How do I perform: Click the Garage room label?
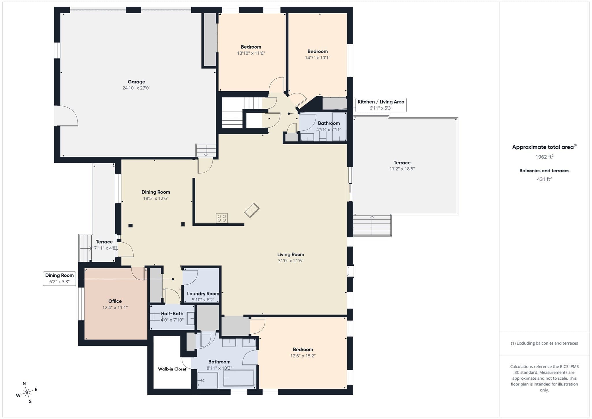coord(136,82)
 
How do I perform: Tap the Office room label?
coord(115,301)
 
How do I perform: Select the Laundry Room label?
coord(203,294)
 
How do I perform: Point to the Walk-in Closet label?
coord(172,369)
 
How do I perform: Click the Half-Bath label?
coord(172,313)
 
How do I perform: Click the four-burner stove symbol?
coord(222,218)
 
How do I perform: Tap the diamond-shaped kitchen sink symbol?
coord(252,210)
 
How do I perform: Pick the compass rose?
coord(27,392)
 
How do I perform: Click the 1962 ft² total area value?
coord(544,157)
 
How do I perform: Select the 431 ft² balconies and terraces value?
coord(544,179)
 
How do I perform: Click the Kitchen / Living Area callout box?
coord(381,105)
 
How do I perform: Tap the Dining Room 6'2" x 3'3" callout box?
coord(60,278)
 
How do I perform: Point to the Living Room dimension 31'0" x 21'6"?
coord(291,261)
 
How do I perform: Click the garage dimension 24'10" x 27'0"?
coord(136,88)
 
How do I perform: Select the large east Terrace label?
coord(402,163)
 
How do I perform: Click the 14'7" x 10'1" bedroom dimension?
coord(317,58)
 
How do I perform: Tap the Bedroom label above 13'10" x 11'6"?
coord(251,47)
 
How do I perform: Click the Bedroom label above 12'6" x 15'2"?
coord(303,349)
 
